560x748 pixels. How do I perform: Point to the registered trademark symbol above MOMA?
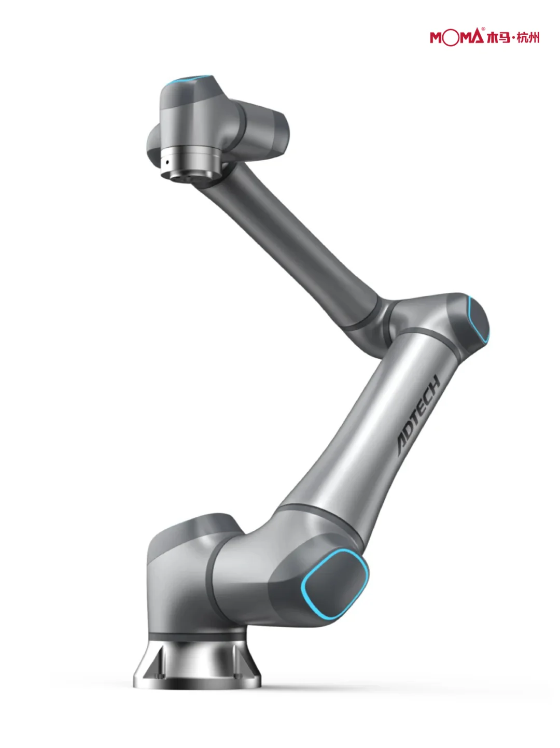pos(483,29)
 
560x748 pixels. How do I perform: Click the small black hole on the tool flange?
pos(167,162)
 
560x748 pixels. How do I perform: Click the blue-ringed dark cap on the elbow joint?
pos(478,318)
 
